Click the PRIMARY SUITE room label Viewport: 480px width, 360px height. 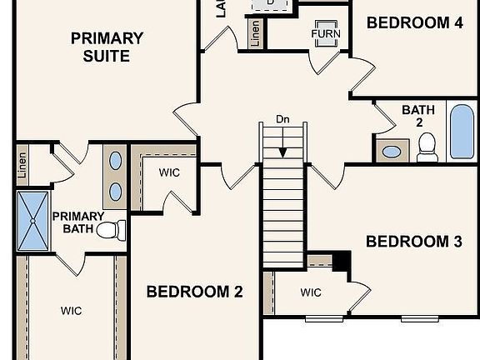pyautogui.click(x=107, y=47)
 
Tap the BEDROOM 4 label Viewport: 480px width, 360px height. pyautogui.click(x=414, y=22)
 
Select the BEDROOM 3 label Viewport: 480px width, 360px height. pyautogui.click(x=414, y=242)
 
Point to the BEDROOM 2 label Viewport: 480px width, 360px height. pyautogui.click(x=194, y=292)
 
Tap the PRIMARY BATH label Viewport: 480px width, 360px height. pyautogui.click(x=78, y=222)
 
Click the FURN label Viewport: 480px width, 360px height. pyautogui.click(x=326, y=34)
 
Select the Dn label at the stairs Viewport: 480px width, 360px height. pyautogui.click(x=283, y=120)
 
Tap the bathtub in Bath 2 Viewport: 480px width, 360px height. pyautogui.click(x=462, y=132)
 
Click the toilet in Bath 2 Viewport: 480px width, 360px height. pyautogui.click(x=427, y=147)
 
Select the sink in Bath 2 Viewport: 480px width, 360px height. pyautogui.click(x=391, y=152)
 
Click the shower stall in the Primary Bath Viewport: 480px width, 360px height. pyautogui.click(x=32, y=221)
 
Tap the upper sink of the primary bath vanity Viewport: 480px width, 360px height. pyautogui.click(x=116, y=161)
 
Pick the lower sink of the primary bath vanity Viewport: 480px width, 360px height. pyautogui.click(x=116, y=192)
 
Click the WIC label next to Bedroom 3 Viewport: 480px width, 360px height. pyautogui.click(x=311, y=292)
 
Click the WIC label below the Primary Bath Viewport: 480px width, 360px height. pyautogui.click(x=71, y=310)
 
